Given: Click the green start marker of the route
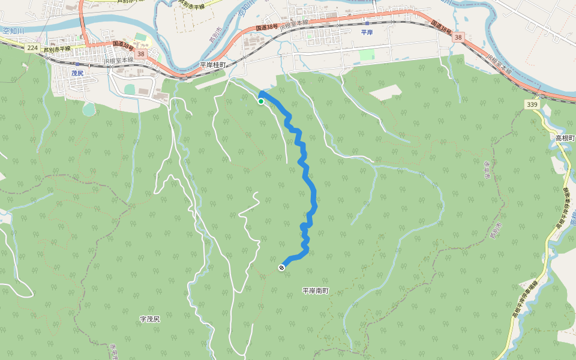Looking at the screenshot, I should (261, 101).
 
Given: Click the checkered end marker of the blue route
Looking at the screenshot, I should (281, 268).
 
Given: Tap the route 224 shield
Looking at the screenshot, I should (32, 47).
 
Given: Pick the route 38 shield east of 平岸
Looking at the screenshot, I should (458, 37).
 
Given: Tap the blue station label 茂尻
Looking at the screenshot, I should (77, 73).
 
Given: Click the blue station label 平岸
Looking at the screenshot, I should (367, 32).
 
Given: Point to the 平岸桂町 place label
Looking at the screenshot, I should (212, 64).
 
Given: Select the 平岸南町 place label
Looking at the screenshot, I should (315, 291).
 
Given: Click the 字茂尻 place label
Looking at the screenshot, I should (149, 319).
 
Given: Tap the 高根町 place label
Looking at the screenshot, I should (565, 138).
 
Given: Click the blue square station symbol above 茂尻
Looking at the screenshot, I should (77, 63).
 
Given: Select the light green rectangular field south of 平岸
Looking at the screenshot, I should (367, 55).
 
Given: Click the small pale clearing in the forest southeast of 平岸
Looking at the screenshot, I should (385, 92).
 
